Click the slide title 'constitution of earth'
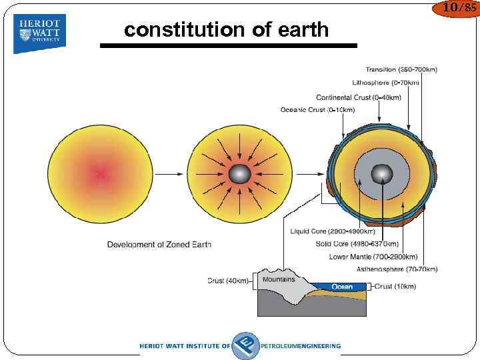[227, 30]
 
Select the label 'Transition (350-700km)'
[401, 69]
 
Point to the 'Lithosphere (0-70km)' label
[385, 83]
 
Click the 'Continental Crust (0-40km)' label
[359, 97]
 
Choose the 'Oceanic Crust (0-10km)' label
[317, 110]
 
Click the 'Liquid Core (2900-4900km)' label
[333, 231]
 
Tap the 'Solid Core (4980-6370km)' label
[357, 244]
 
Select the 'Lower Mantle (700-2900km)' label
[373, 257]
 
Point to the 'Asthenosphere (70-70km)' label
[397, 269]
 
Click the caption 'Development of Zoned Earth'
[159, 245]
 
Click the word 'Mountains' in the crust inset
[279, 280]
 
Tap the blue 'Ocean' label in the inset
[342, 287]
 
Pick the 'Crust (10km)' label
[395, 287]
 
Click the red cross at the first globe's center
[100, 175]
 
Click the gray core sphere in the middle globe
[239, 175]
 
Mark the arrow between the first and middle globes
[168, 175]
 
